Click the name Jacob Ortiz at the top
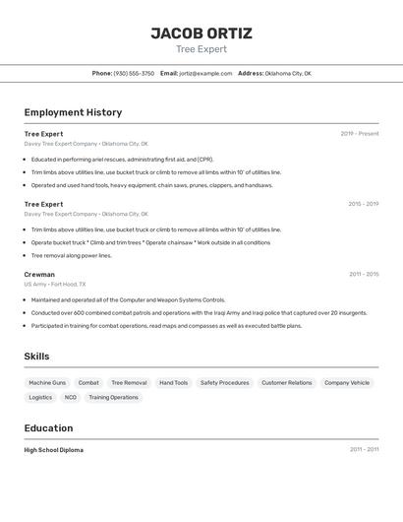pyautogui.click(x=201, y=33)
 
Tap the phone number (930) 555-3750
pyautogui.click(x=134, y=73)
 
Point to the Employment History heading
pyautogui.click(x=73, y=112)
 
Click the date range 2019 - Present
pyautogui.click(x=360, y=134)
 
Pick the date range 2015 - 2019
pyautogui.click(x=364, y=204)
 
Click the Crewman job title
pyautogui.click(x=39, y=274)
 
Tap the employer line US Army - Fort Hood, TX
pyautogui.click(x=55, y=284)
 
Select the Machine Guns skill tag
pyautogui.click(x=47, y=382)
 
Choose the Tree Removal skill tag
pyautogui.click(x=129, y=382)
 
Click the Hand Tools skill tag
pyautogui.click(x=173, y=382)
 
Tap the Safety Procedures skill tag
pyautogui.click(x=224, y=382)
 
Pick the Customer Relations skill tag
pyautogui.click(x=286, y=382)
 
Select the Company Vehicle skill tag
pyautogui.click(x=347, y=382)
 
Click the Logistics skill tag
pyautogui.click(x=40, y=397)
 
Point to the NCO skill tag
pyautogui.click(x=71, y=397)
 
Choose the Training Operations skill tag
pyautogui.click(x=113, y=397)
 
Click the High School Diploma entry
pyautogui.click(x=54, y=449)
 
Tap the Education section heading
pyautogui.click(x=48, y=427)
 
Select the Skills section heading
pyautogui.click(x=36, y=357)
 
